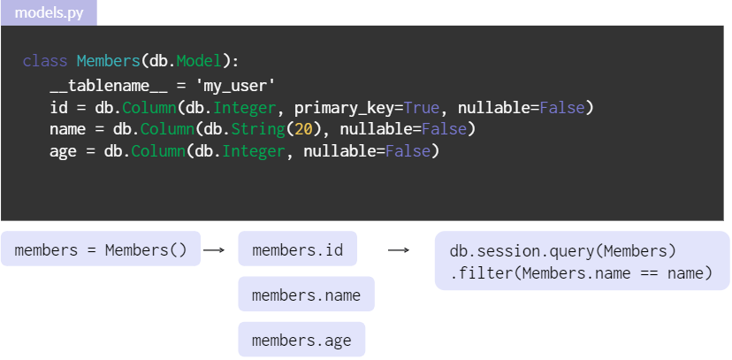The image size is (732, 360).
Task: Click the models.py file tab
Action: point(48,12)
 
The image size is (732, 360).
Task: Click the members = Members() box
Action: point(101,249)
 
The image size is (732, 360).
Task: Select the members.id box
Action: point(297,249)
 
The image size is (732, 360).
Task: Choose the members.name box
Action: point(306,295)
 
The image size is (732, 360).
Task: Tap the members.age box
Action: point(301,340)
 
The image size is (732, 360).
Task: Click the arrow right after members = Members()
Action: point(215,250)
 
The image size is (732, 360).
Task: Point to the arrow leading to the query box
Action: point(399,250)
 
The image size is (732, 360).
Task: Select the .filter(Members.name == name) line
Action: point(581,273)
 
